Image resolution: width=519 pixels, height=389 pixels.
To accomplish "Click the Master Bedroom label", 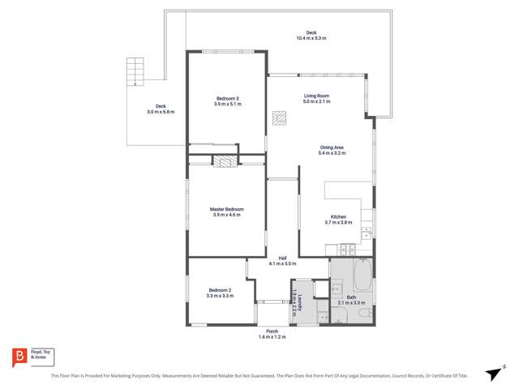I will (x=227, y=209).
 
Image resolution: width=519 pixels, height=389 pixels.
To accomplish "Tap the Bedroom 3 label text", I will (x=227, y=99).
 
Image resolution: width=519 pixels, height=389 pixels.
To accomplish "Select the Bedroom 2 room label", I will (x=220, y=290).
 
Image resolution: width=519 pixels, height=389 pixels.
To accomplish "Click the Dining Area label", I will (x=332, y=147).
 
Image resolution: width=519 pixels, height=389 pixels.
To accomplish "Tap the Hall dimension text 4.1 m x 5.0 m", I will (x=282, y=263).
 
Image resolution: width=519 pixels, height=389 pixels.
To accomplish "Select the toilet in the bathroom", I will (x=367, y=311).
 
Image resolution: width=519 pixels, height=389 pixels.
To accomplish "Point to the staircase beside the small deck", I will (x=135, y=71).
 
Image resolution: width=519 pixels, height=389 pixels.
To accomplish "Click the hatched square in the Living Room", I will (x=279, y=118).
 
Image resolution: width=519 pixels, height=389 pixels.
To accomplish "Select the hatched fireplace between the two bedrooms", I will (x=224, y=160).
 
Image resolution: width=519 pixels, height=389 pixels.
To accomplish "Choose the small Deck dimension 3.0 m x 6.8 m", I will (x=161, y=112).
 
